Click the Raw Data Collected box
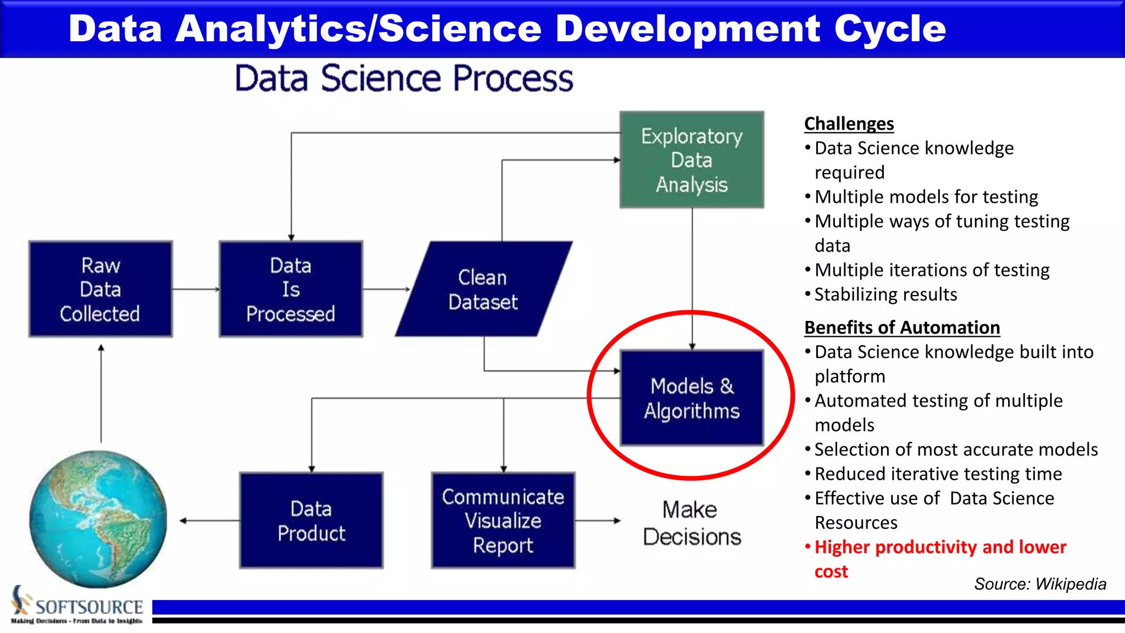(x=101, y=289)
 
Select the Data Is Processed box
(x=291, y=289)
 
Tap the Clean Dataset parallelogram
(x=483, y=290)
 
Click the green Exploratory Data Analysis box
(x=692, y=160)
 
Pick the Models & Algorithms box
(x=692, y=398)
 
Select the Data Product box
(x=311, y=520)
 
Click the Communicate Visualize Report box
(x=503, y=520)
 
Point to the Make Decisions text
(x=692, y=523)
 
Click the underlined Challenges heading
(x=849, y=124)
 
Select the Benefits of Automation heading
(x=901, y=327)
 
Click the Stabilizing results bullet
(x=885, y=295)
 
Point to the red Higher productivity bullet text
(x=940, y=547)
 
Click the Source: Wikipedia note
(x=1040, y=584)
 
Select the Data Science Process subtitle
(x=404, y=78)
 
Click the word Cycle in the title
(x=890, y=29)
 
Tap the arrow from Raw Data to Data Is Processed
(x=196, y=289)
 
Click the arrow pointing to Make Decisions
(x=598, y=520)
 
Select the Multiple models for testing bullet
(x=926, y=197)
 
